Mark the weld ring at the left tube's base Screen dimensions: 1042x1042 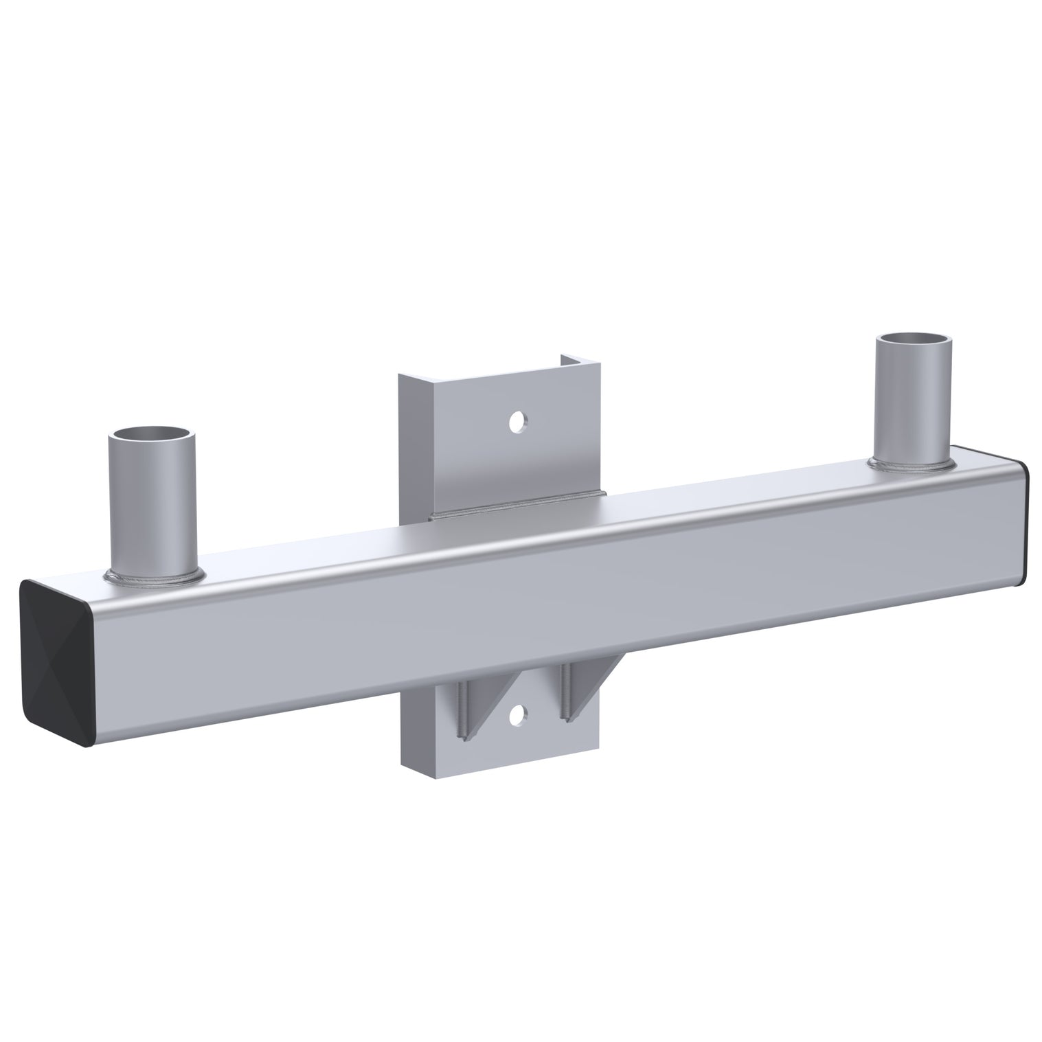155,576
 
